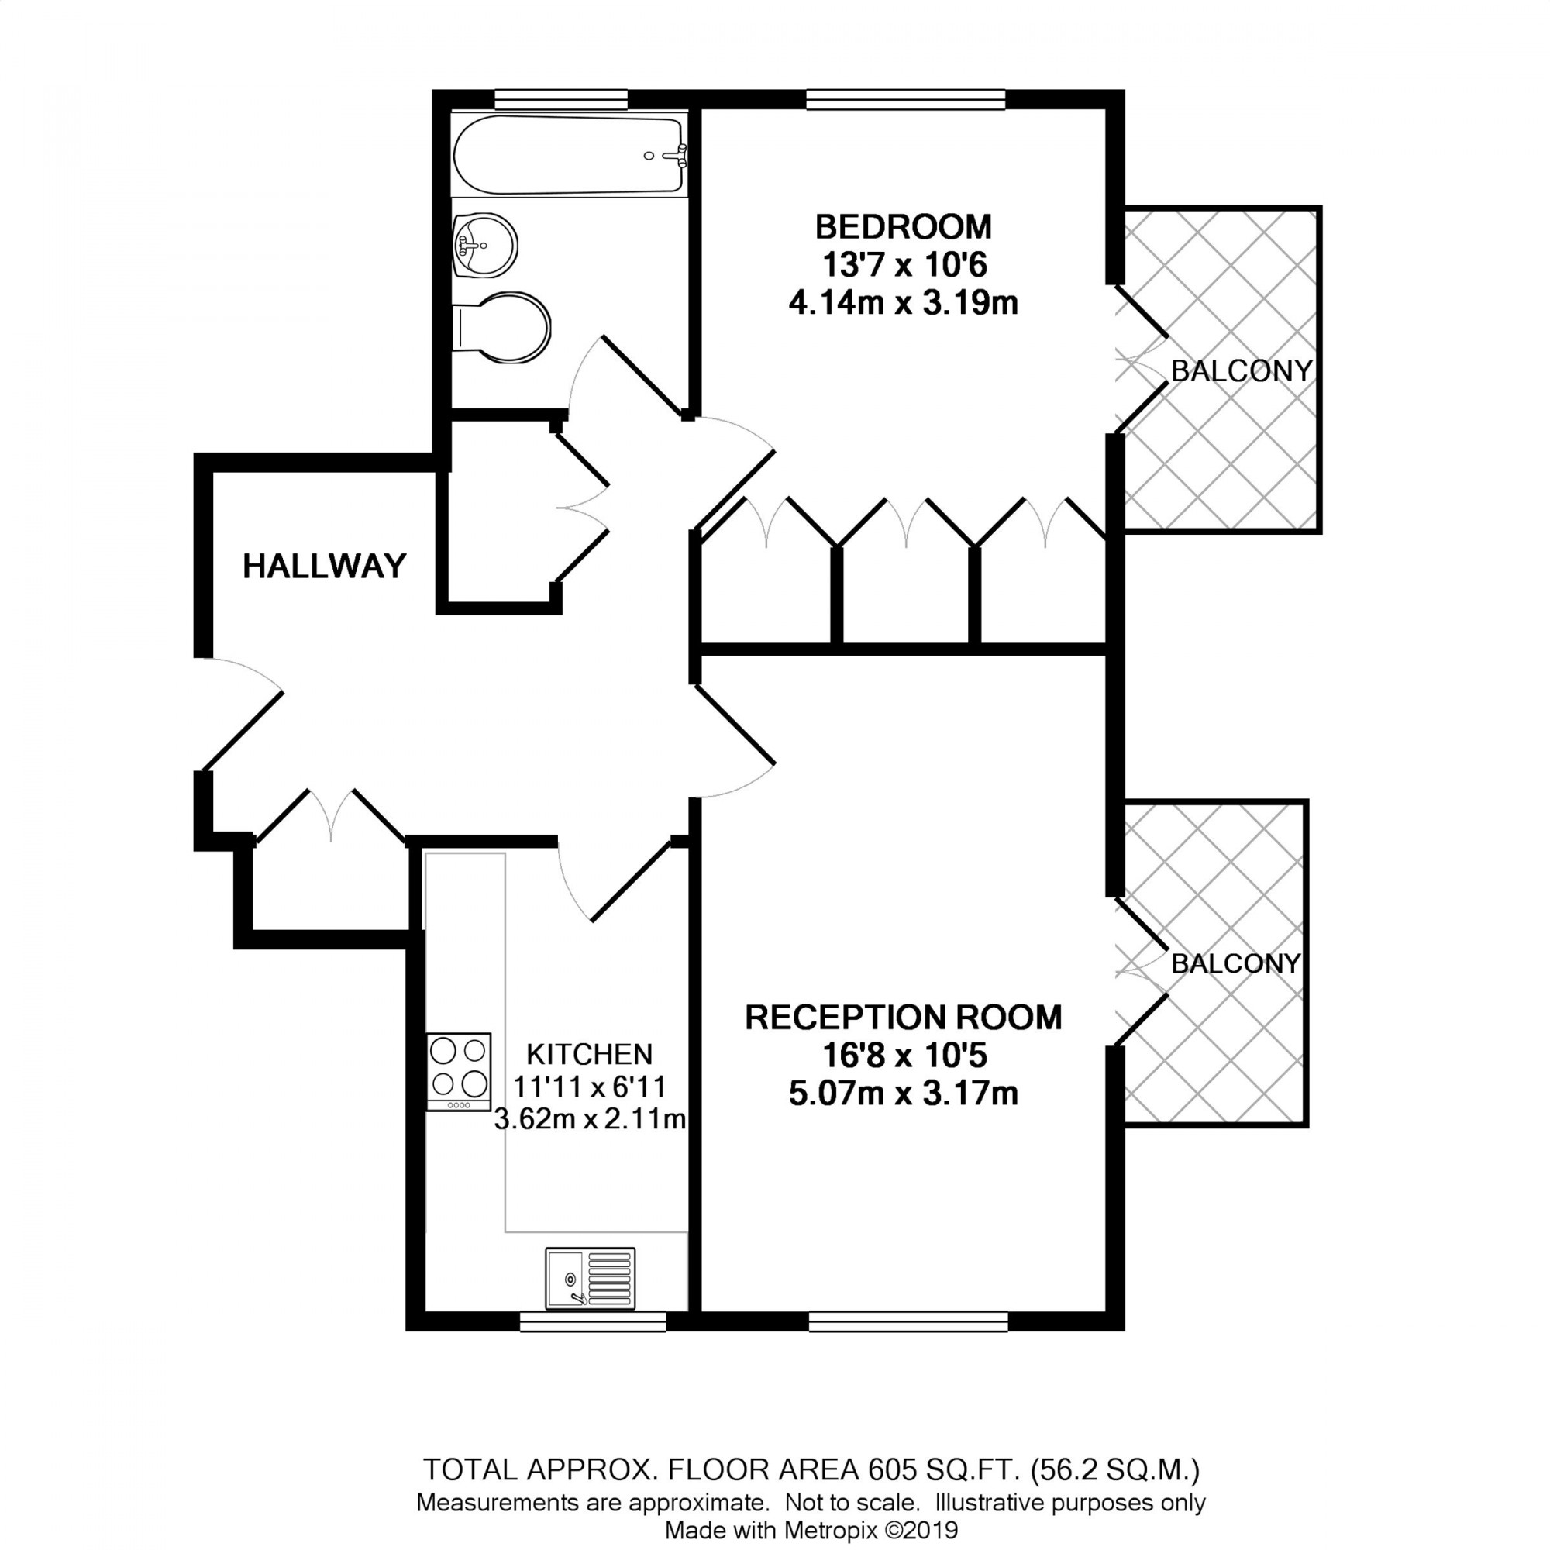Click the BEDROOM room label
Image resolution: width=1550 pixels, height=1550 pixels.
pyautogui.click(x=904, y=227)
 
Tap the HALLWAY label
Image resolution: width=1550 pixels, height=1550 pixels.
pyautogui.click(x=324, y=567)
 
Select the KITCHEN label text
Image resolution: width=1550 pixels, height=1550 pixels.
pyautogui.click(x=590, y=1053)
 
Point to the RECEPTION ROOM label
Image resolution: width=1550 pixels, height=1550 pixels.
pyautogui.click(x=904, y=1018)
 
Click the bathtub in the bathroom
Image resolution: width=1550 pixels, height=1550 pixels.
pyautogui.click(x=569, y=155)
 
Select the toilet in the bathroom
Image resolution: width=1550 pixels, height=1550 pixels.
pyautogui.click(x=501, y=328)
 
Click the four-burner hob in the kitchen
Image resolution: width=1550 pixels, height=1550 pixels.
pyautogui.click(x=459, y=1072)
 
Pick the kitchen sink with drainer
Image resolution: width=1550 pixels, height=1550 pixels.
pyautogui.click(x=590, y=1278)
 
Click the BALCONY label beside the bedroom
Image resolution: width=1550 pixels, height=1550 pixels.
pyautogui.click(x=1241, y=370)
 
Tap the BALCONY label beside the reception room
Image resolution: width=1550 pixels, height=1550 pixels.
pyautogui.click(x=1235, y=963)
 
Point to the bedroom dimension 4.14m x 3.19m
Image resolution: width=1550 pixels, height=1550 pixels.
pyautogui.click(x=904, y=304)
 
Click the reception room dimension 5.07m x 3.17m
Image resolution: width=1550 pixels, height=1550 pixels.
pyautogui.click(x=904, y=1094)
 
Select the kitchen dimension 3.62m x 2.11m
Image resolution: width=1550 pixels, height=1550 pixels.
pyautogui.click(x=590, y=1118)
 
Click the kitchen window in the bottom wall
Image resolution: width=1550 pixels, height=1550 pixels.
pyautogui.click(x=593, y=1321)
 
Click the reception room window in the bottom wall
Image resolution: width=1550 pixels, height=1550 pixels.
pyautogui.click(x=908, y=1321)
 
